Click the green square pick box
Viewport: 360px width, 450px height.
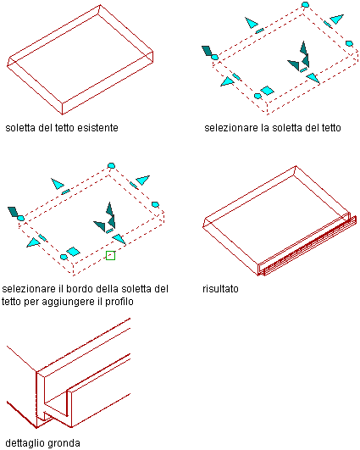click(110, 255)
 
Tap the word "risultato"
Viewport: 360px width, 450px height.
click(220, 288)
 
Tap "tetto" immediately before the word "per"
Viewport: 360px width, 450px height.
click(11, 302)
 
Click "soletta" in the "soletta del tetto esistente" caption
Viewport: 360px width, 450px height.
click(20, 128)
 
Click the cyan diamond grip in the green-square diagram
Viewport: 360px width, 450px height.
click(73, 252)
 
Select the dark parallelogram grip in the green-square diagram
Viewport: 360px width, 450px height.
click(13, 212)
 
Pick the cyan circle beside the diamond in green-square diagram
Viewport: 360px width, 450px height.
click(64, 257)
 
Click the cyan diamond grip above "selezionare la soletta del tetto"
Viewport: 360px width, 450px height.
click(267, 91)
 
